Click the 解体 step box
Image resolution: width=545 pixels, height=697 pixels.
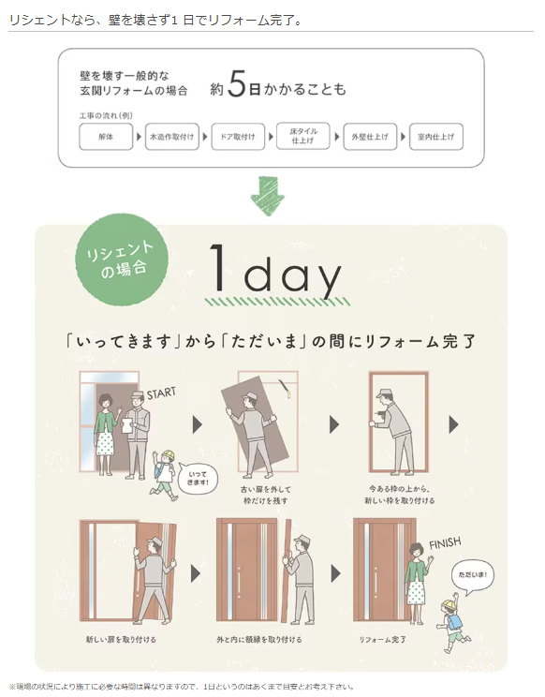pyautogui.click(x=106, y=137)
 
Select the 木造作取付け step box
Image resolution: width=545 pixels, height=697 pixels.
pyautogui.click(x=172, y=137)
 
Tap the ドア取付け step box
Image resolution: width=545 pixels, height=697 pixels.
pyautogui.click(x=238, y=137)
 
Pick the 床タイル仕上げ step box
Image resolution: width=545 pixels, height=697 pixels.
pyautogui.click(x=303, y=137)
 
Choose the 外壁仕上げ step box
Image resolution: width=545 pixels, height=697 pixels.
pyautogui.click(x=370, y=137)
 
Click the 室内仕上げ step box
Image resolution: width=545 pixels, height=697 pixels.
pyautogui.click(x=435, y=137)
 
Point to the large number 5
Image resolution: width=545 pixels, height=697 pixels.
pyautogui.click(x=238, y=87)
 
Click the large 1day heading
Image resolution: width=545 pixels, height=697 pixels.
pyautogui.click(x=275, y=272)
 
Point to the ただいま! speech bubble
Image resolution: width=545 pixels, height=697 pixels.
pyautogui.click(x=471, y=574)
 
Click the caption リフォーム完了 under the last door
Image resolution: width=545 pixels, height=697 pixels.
pyautogui.click(x=382, y=640)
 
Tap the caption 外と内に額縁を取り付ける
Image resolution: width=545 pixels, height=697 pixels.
pyautogui.click(x=258, y=640)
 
